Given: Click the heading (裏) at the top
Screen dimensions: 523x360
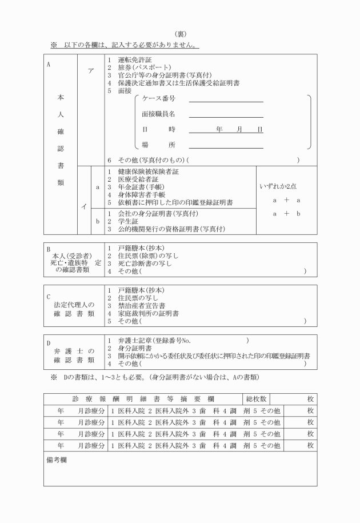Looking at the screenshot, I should click(181, 34).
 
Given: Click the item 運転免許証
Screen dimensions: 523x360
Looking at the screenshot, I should click(133, 59).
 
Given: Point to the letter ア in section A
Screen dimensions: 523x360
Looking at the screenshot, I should click(90, 70).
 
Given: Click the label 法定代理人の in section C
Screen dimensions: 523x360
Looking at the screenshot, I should click(74, 305).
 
